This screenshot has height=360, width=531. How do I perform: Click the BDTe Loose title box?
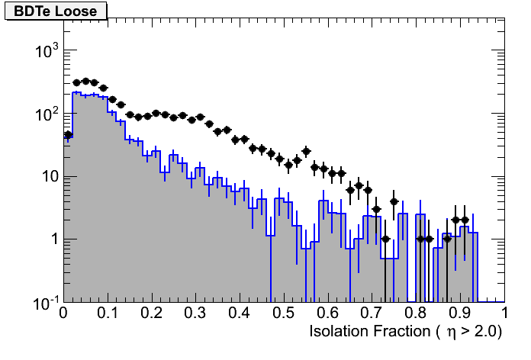coord(56,10)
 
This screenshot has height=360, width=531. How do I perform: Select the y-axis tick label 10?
coord(47,177)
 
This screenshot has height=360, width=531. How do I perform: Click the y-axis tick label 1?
coord(52,239)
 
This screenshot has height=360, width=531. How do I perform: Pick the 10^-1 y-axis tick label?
coord(43,302)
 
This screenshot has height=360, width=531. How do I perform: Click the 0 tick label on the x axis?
coord(64,314)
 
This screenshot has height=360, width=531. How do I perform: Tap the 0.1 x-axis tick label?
coord(108,314)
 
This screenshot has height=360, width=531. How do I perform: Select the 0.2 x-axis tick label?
coord(152,314)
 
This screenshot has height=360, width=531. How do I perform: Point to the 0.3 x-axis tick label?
coord(196,314)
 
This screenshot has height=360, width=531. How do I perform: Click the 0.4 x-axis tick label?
coord(240,314)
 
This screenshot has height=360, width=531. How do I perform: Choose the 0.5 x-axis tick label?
coord(284,314)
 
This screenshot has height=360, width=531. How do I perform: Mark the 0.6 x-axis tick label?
coord(328,314)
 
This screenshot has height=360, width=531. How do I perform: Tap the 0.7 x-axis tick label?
coord(372,314)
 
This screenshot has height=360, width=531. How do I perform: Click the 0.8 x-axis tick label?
coord(417,314)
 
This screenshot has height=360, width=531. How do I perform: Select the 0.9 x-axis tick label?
coord(460,314)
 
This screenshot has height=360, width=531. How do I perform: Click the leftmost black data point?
coord(68,135)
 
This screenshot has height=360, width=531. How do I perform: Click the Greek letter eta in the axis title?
coord(451,333)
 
